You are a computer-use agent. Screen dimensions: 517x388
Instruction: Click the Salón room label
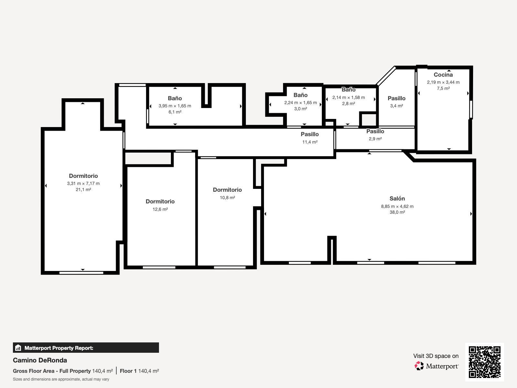tap(397, 199)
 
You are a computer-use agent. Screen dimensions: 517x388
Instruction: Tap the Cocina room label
tap(443, 75)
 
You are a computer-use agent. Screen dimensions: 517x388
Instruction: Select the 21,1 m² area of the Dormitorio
tap(83, 189)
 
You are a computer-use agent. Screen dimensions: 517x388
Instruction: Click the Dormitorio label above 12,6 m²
tap(160, 201)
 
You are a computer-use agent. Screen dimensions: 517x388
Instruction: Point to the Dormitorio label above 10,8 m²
tap(227, 190)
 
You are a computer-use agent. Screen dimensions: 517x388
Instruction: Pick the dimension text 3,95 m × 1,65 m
tap(175, 106)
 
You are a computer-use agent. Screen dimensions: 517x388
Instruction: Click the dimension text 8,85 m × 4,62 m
tap(397, 206)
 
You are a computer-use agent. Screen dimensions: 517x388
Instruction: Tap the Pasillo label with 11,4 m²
tap(310, 134)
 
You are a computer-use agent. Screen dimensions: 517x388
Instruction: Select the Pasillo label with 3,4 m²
tap(397, 98)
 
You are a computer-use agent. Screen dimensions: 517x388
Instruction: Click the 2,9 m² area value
tap(375, 139)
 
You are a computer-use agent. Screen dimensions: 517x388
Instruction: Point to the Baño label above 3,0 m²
tap(301, 95)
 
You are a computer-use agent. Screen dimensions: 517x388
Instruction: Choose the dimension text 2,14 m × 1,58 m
tap(349, 98)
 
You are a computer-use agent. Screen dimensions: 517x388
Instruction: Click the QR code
tap(484, 362)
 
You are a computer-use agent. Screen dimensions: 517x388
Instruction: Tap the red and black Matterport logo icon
tap(419, 366)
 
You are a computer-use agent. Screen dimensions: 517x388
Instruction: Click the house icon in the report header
tap(18, 348)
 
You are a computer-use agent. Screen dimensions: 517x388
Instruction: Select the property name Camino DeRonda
tap(40, 360)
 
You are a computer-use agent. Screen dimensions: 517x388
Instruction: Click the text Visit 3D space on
tap(436, 356)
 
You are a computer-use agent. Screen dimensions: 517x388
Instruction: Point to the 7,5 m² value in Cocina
tap(443, 88)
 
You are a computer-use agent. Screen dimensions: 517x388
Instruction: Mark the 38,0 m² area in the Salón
tap(397, 212)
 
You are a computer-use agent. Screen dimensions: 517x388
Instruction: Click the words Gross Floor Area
tap(34, 371)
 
